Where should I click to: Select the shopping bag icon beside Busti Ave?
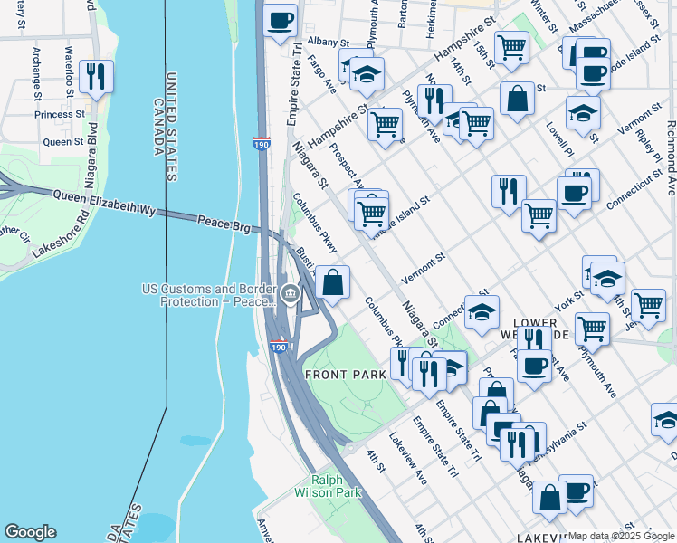point(333,282)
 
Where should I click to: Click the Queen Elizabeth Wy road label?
point(104,202)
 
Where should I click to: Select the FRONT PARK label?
point(338,375)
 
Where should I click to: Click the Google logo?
point(30,532)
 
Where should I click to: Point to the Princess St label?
point(60,115)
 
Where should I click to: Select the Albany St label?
point(328,42)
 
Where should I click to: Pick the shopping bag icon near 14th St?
point(516,100)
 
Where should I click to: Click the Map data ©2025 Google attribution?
point(621,536)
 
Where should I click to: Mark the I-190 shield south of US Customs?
point(280,347)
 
